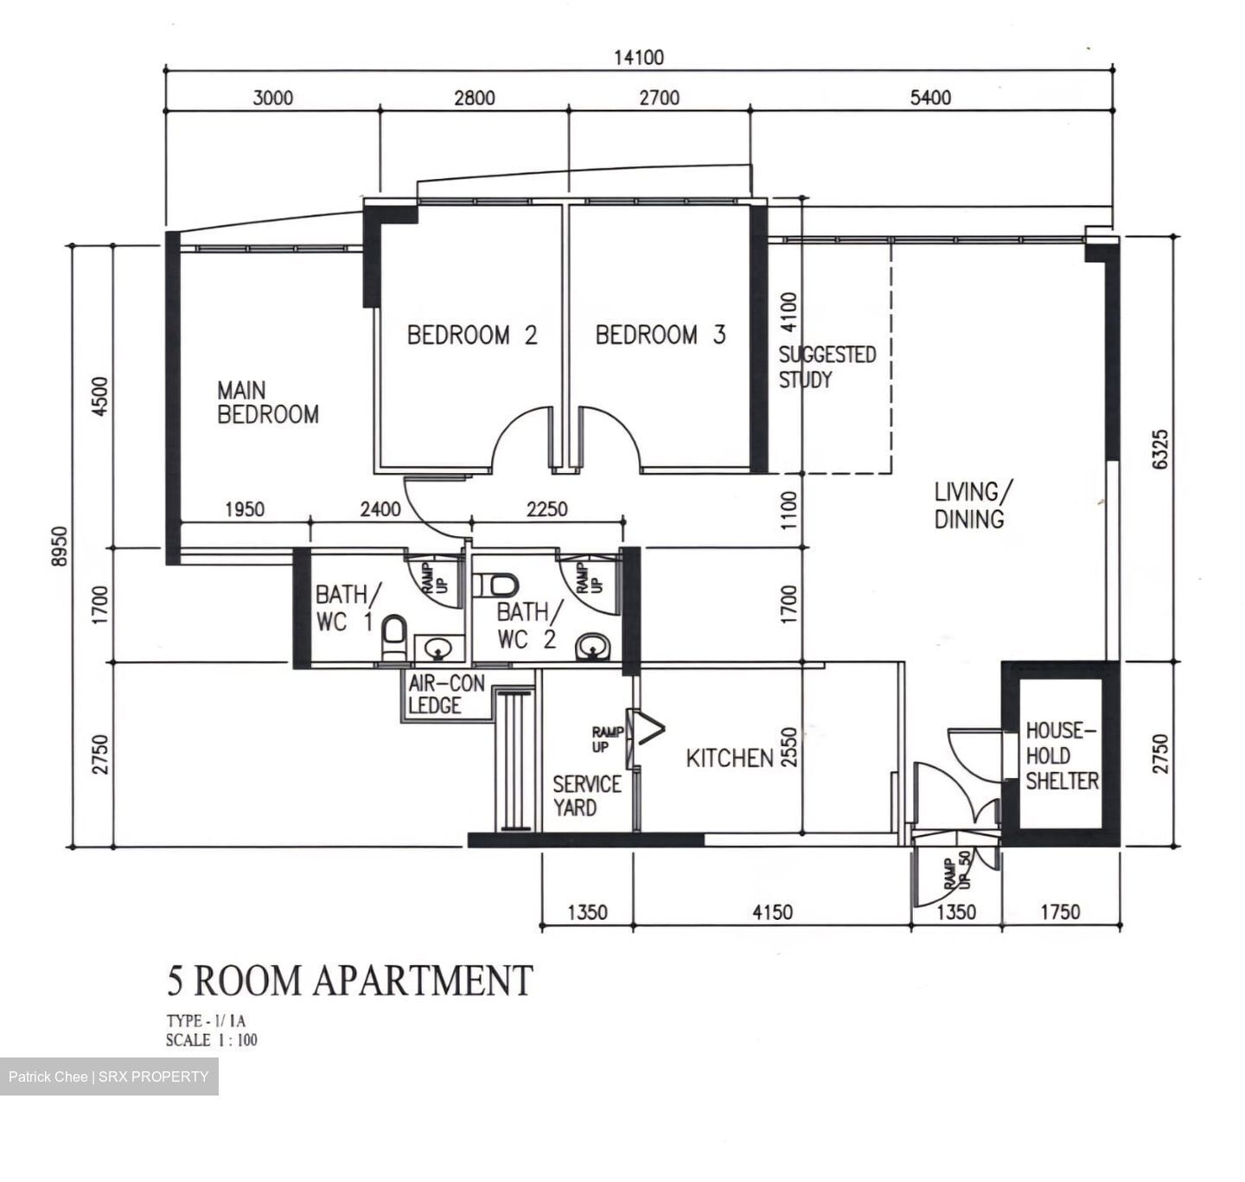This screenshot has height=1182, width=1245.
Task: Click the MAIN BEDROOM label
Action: pos(267,403)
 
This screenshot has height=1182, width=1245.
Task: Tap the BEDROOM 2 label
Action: pos(472,335)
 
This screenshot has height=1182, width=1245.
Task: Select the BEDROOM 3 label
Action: pos(660,335)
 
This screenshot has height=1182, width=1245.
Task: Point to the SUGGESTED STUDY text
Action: pos(827,367)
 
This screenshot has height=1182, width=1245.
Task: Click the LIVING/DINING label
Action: pos(970,505)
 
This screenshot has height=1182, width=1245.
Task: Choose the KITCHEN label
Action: pos(729,758)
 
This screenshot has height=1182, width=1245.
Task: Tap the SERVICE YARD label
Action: pos(587,795)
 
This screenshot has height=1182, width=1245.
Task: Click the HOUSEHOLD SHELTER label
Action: pos(1062,756)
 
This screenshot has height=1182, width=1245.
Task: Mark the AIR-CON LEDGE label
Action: pos(446,694)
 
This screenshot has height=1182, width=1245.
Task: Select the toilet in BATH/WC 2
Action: pos(500,585)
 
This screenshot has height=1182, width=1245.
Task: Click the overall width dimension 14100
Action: pos(639,58)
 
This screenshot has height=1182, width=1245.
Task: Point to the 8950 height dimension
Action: pos(59,546)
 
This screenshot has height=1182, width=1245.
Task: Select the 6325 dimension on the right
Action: pos(1159,449)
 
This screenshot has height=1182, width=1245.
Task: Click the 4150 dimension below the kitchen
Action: pos(771,912)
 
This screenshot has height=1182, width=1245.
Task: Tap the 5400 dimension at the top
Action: pos(930,98)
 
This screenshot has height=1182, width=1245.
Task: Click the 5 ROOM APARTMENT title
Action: pos(349,981)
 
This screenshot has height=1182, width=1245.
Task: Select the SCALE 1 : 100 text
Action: pos(212,1040)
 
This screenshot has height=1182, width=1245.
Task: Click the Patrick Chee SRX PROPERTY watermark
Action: pos(109,1077)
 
